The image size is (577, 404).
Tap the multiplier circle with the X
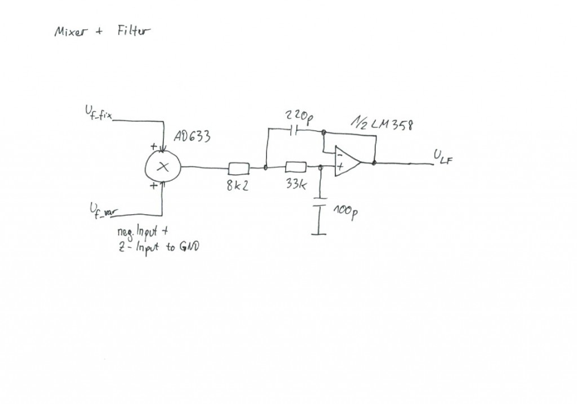[163, 166]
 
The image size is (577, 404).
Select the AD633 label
[193, 137]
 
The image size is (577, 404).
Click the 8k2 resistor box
[238, 167]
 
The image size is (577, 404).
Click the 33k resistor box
[296, 167]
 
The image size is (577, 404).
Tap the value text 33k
[296, 185]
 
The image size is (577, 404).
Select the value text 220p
[298, 117]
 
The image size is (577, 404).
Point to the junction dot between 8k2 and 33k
[266, 167]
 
